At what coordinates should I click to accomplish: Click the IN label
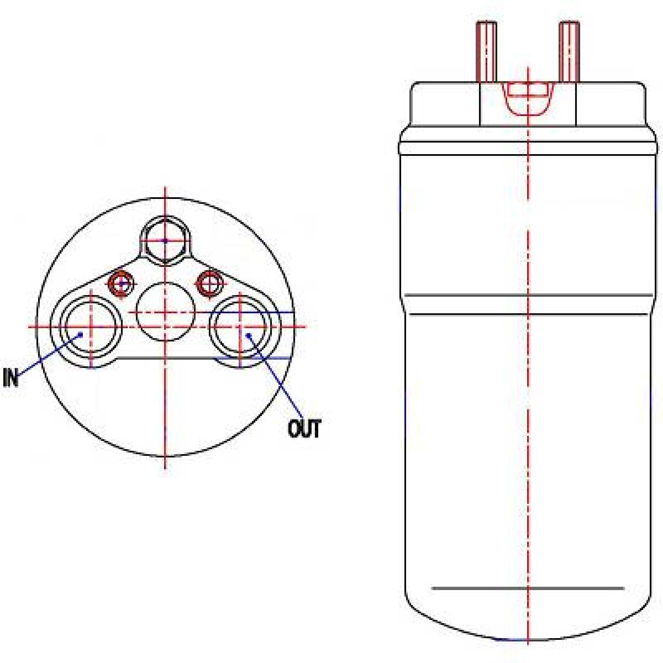coord(11,377)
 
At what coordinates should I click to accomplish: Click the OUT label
coord(304,428)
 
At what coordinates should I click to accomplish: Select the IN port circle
coord(92,327)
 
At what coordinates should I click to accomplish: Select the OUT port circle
coord(241,327)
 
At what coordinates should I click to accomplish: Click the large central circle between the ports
coord(165,312)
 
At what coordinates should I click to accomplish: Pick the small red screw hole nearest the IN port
coord(121,284)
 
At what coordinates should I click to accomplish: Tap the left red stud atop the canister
coord(486,52)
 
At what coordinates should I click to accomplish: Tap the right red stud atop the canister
coord(569,52)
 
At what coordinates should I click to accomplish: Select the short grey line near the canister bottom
coord(527,588)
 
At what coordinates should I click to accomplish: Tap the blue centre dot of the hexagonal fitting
coord(165,240)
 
